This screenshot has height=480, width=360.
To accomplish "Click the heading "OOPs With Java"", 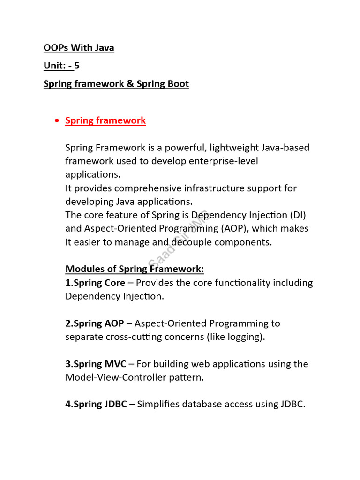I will (x=79, y=48).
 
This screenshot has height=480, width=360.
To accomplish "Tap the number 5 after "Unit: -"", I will (x=77, y=66).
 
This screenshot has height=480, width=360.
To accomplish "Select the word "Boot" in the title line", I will (x=176, y=84).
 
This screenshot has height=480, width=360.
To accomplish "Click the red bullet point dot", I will (x=57, y=121).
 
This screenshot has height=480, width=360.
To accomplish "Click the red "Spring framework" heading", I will (x=105, y=120).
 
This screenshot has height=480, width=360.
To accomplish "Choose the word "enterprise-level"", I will (x=224, y=161).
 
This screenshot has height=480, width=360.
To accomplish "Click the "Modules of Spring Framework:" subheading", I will (x=135, y=269).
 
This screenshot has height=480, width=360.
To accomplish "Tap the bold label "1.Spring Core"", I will (x=96, y=283).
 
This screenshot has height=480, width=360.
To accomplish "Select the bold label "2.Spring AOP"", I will (x=95, y=323).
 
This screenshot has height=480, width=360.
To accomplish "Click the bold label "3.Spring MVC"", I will (x=96, y=364).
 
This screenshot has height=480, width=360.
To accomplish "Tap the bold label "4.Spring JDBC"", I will (x=96, y=404).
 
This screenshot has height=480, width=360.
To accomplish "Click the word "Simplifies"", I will (x=157, y=404).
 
